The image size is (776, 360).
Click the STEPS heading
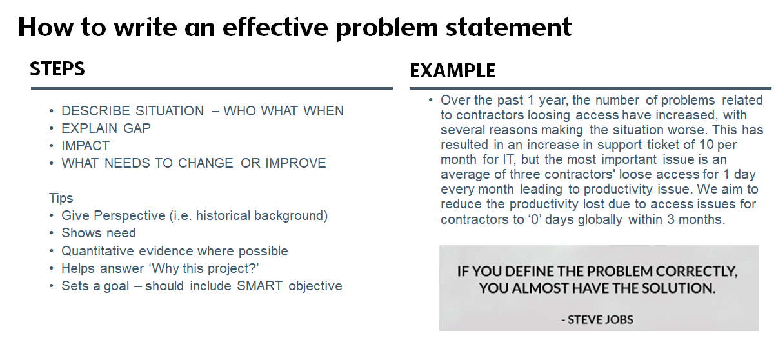tap(57, 68)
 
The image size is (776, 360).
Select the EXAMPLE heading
tap(453, 70)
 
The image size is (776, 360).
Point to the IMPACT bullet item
tap(86, 146)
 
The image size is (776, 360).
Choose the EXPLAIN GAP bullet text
tap(106, 128)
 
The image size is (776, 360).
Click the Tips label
tap(61, 198)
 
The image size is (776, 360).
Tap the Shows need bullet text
tap(99, 233)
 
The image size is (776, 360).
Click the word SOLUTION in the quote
tap(676, 288)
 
